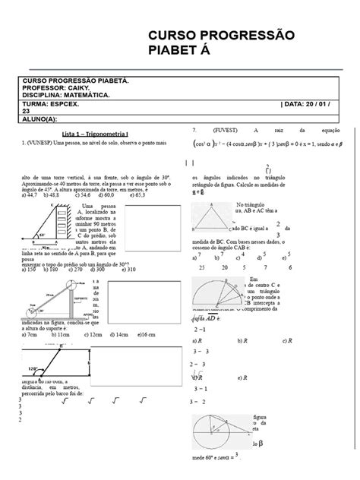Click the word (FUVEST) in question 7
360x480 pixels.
(226, 130)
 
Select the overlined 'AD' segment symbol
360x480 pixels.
(221, 320)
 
